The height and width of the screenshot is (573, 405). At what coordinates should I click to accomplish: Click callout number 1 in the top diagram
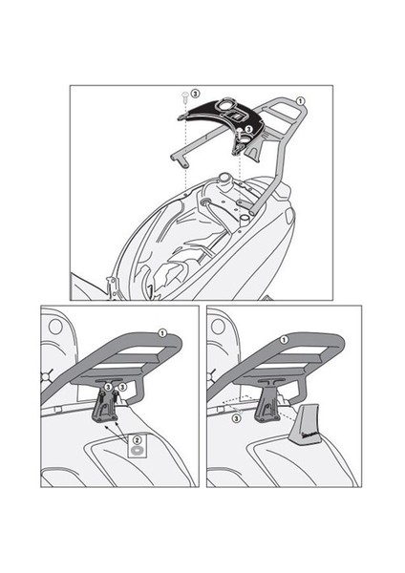300,100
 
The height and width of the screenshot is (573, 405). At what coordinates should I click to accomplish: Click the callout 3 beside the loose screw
195,94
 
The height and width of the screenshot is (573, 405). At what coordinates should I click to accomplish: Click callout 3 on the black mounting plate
247,127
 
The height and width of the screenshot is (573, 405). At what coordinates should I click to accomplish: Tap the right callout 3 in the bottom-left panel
122,386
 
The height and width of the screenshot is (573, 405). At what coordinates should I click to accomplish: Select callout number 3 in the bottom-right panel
236,416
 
